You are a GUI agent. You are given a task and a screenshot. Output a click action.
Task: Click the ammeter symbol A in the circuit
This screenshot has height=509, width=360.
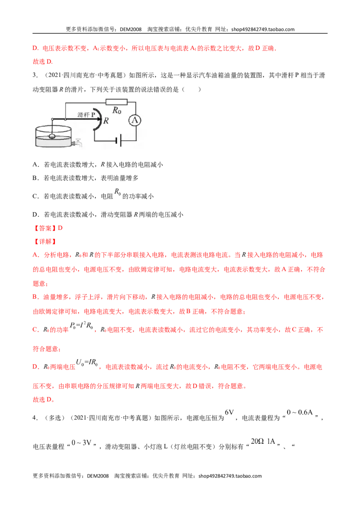tap(135, 121)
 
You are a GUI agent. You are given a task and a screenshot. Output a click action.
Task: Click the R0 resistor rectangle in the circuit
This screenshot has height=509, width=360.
tap(116, 102)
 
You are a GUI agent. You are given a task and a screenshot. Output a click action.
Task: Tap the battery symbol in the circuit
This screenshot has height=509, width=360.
tap(119, 141)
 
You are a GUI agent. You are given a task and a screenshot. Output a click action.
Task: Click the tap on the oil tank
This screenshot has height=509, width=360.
tap(77, 142)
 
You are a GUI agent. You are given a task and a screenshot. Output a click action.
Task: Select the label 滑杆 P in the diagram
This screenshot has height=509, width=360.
tap(86, 115)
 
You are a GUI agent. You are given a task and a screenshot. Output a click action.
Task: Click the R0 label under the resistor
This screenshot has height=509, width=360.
tap(117, 110)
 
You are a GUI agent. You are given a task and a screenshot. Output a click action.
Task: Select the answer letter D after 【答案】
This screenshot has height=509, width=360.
tap(60, 228)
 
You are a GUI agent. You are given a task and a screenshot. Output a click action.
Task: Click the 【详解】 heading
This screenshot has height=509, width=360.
tap(45, 241)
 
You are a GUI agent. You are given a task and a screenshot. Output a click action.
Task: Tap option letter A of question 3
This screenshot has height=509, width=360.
tap(35, 165)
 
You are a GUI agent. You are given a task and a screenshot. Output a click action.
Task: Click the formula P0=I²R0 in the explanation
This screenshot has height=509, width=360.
tap(81, 326)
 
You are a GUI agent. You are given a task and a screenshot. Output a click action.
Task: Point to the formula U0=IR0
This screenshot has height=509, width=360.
tap(87, 362)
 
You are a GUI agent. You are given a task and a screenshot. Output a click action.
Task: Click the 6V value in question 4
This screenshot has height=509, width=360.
tap(229, 412)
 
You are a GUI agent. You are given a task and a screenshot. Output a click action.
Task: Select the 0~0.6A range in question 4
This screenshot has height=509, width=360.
tap(300, 412)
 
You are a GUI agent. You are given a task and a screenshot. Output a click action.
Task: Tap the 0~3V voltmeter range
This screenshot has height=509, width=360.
tap(81, 443)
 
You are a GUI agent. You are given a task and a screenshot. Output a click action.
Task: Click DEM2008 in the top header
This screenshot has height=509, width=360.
tap(130, 29)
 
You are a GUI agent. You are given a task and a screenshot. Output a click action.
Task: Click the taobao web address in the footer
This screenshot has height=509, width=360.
tap(230, 476)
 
